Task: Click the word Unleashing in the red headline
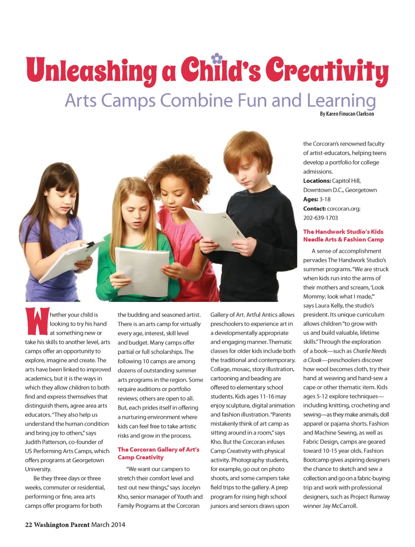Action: click(91, 70)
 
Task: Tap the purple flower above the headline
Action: click(217, 58)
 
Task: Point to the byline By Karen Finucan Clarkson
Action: click(347, 114)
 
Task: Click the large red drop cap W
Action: click(36, 321)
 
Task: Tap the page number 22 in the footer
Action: click(29, 525)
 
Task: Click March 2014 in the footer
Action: click(108, 525)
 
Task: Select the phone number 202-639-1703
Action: click(320, 218)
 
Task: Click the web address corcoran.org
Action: click(343, 208)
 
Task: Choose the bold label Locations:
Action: click(317, 181)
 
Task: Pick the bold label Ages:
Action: click(310, 199)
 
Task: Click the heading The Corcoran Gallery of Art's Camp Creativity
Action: click(158, 453)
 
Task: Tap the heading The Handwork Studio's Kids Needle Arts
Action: click(343, 235)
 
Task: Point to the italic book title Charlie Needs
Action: click(370, 351)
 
